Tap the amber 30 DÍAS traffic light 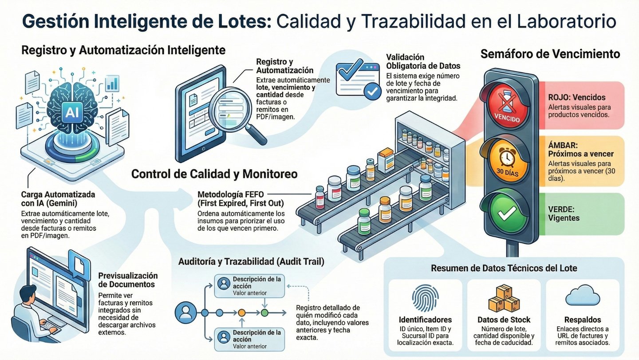pyautogui.click(x=505, y=160)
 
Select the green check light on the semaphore pyautogui.click(x=505, y=214)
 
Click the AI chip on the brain pyautogui.click(x=71, y=114)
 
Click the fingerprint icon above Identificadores pyautogui.click(x=425, y=299)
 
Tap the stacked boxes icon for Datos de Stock pyautogui.click(x=504, y=298)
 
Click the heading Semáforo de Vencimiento pyautogui.click(x=550, y=54)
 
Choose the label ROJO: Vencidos pyautogui.click(x=577, y=97)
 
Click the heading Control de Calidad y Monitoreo pyautogui.click(x=214, y=174)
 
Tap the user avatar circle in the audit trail pyautogui.click(x=185, y=313)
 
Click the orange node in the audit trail pyautogui.click(x=241, y=313)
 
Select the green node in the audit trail pyautogui.click(x=264, y=313)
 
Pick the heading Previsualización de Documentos pyautogui.click(x=128, y=280)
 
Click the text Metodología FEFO pyautogui.click(x=231, y=194)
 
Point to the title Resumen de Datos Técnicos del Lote pyautogui.click(x=504, y=268)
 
